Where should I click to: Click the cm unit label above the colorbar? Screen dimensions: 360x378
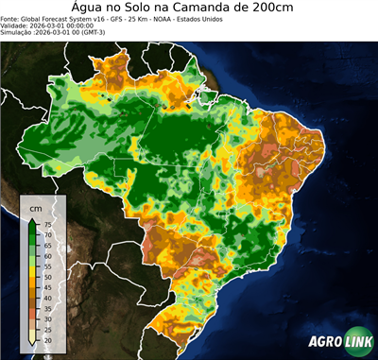click(36, 207)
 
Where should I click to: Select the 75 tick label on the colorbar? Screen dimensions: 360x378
click(48, 224)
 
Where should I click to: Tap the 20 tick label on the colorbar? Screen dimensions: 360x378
click(48, 337)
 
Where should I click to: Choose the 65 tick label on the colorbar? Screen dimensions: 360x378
click(48, 247)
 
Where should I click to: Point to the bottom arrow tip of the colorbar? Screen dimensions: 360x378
click(32, 345)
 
